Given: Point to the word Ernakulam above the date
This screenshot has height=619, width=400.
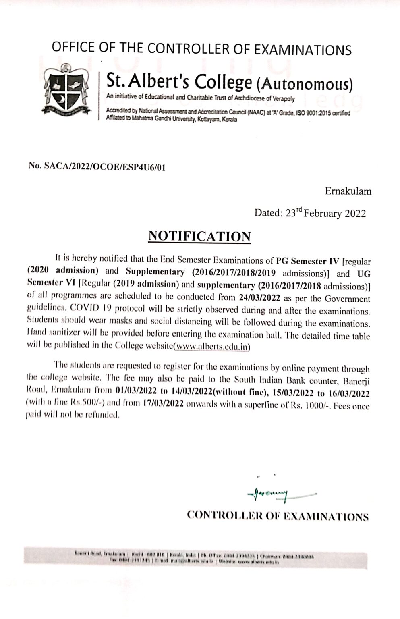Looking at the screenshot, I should tap(348, 191).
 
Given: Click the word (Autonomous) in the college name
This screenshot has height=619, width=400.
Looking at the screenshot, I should tap(304, 84).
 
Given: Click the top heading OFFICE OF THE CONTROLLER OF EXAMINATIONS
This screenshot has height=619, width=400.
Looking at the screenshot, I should tap(201, 50).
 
